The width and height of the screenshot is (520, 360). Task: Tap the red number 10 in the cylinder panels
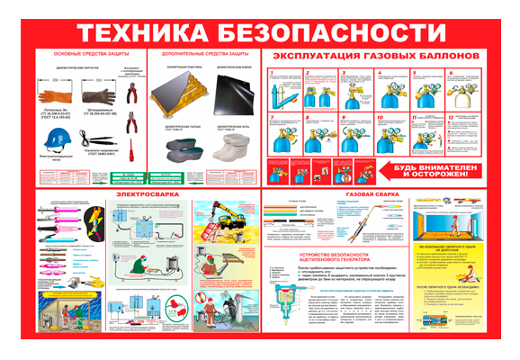click(379, 118)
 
